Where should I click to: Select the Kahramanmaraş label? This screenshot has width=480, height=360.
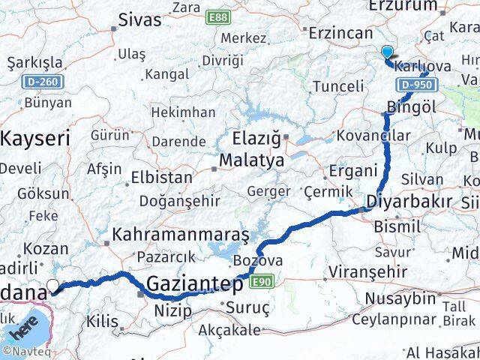click(x=180, y=235)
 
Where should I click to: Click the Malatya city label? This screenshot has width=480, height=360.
click(x=251, y=160)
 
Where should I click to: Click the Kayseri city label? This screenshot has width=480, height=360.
click(x=34, y=138)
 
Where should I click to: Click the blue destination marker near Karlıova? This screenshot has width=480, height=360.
click(x=387, y=52)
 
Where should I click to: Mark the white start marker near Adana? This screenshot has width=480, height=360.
click(x=53, y=285)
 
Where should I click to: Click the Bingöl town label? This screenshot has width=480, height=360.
click(x=412, y=106)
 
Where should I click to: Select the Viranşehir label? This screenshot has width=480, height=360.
click(x=372, y=271)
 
